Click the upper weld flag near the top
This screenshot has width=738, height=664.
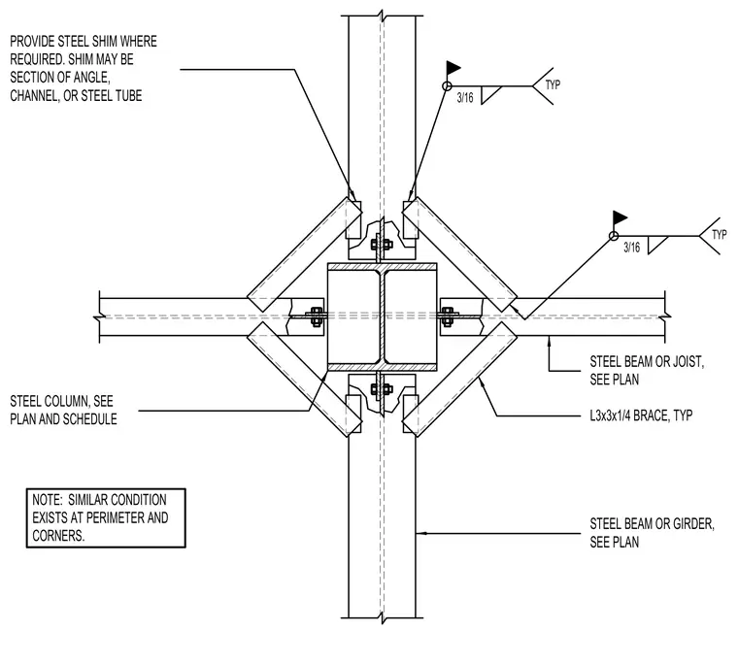click(x=453, y=68)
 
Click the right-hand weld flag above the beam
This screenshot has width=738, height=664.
click(x=620, y=218)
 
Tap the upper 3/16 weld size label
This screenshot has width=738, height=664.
click(x=465, y=97)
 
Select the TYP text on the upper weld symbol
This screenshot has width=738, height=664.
click(x=553, y=84)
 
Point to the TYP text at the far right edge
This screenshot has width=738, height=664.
click(x=720, y=234)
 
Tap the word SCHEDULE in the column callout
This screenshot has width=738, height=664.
click(x=90, y=418)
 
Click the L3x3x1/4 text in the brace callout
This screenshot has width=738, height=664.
click(x=610, y=415)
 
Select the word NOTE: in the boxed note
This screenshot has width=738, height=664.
click(x=47, y=499)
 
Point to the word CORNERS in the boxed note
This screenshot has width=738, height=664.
click(x=58, y=535)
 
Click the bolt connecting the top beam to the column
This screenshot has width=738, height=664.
click(x=382, y=245)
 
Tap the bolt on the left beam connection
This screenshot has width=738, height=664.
click(x=316, y=316)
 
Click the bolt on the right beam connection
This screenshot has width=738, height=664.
click(x=448, y=316)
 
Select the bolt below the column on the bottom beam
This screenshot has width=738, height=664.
click(x=382, y=389)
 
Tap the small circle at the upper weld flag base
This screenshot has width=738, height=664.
click(x=447, y=86)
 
